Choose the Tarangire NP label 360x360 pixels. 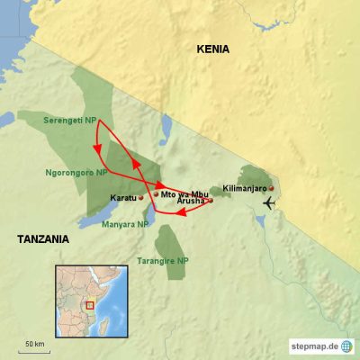pos(164,260)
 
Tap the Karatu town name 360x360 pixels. pos(121,197)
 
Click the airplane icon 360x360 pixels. pos(269,202)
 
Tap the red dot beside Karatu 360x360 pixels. pos(141,197)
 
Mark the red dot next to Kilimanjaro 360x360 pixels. pos(270,188)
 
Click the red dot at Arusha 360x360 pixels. pos(211,201)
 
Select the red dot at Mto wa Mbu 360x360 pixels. pos(156,193)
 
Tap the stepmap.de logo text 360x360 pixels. pos(312,346)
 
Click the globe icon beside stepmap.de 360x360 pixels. pos(346,346)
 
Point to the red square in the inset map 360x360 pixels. pos(89,304)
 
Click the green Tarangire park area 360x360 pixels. pos(166,240)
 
